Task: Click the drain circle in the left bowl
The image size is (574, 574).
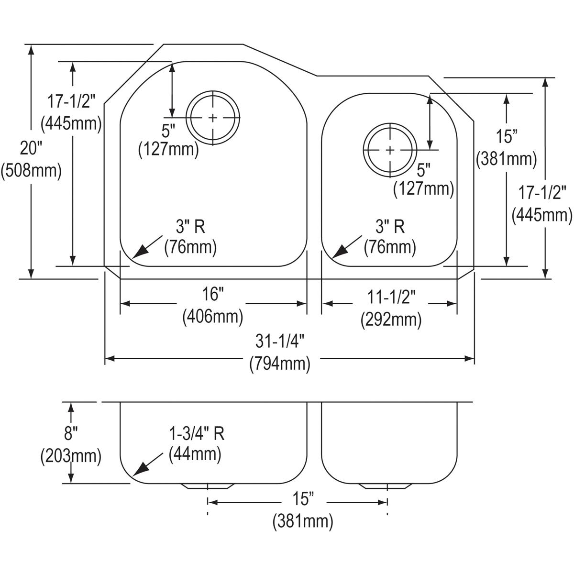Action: (212, 118)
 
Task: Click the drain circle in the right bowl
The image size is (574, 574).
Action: (390, 150)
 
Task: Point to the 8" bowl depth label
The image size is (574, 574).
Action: (71, 434)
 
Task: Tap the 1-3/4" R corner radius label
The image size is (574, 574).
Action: (196, 433)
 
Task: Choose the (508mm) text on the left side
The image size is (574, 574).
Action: (31, 170)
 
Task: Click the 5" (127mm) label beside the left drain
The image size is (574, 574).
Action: (168, 139)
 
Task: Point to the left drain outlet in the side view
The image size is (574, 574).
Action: (207, 486)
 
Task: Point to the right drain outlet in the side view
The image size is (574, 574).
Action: (386, 486)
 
